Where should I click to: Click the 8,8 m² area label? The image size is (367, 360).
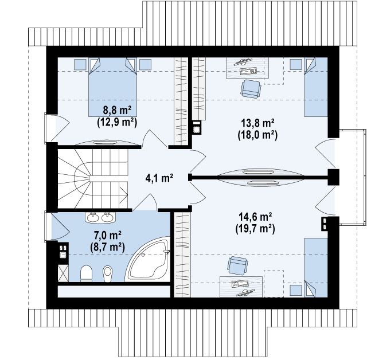tap(117, 110)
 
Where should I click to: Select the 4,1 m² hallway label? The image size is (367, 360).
tap(159, 178)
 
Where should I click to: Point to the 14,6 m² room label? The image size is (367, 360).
tap(255, 217)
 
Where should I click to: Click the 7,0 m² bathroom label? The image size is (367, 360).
tap(107, 235)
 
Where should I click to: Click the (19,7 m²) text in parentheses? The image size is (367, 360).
tap(255, 229)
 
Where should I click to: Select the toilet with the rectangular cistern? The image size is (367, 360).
tap(86, 273)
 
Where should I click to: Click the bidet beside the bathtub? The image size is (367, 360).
tap(108, 273)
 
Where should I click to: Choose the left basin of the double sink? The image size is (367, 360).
tap(93, 217)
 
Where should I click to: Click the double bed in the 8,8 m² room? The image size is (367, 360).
tap(112, 87)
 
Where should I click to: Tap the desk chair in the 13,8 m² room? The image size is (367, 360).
tap(251, 89)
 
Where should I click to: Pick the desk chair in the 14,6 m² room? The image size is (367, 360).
tap(237, 265)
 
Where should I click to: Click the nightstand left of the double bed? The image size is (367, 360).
tap(80, 65)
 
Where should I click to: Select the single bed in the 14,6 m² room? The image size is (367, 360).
tap(316, 268)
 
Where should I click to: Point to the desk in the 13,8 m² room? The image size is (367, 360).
tap(247, 68)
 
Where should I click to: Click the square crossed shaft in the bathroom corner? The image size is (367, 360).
tap(63, 273)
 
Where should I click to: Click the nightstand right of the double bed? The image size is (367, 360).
tap(145, 65)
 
